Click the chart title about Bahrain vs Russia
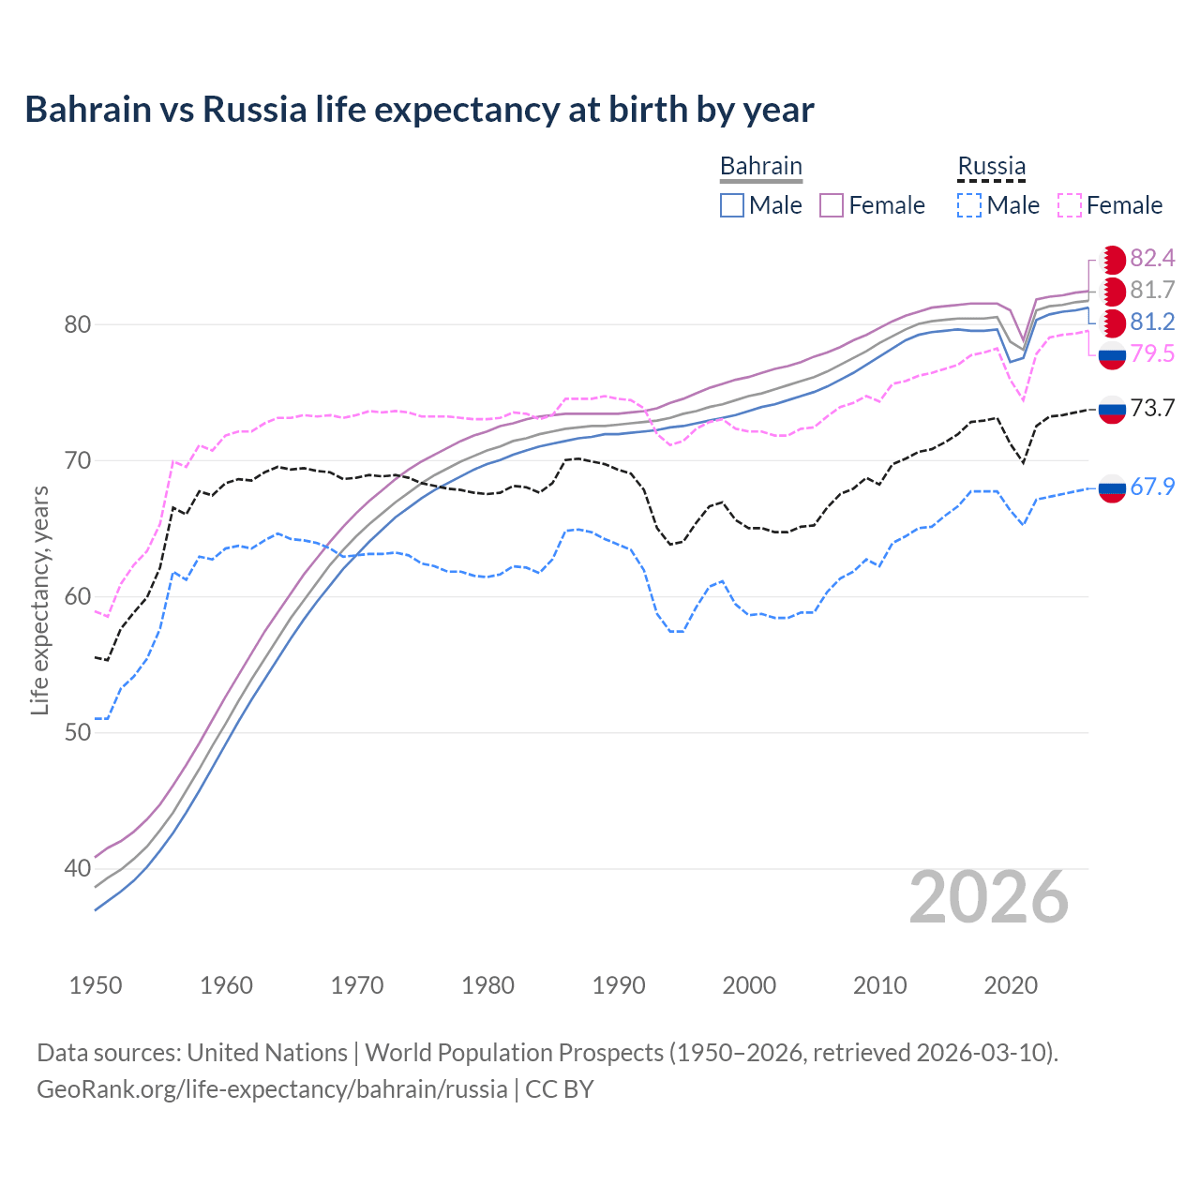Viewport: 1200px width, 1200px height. tap(419, 110)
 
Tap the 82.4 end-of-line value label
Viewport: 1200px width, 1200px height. tap(1152, 258)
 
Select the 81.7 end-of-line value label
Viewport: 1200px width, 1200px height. tap(1152, 290)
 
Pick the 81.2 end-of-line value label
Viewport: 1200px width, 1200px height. tap(1152, 322)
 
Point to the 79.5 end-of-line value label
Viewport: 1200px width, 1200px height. tap(1152, 353)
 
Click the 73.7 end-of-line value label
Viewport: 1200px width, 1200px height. tap(1152, 408)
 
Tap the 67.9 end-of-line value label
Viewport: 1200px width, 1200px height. tap(1152, 487)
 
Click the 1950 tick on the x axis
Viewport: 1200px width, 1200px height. tap(96, 985)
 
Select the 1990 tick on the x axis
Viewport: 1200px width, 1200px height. tap(619, 985)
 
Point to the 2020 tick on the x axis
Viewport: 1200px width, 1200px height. tap(1011, 985)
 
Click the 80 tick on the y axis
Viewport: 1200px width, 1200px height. tap(77, 324)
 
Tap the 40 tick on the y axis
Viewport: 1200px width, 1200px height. tap(77, 868)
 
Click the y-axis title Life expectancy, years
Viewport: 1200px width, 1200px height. tap(39, 600)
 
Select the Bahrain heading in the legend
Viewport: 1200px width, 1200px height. tap(760, 166)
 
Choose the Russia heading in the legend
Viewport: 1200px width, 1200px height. tap(991, 166)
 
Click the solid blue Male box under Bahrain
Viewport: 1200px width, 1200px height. tap(732, 205)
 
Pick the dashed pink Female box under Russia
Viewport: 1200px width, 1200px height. tap(1070, 205)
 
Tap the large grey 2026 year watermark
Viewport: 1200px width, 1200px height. tap(988, 897)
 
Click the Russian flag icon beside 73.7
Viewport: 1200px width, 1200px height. tap(1112, 409)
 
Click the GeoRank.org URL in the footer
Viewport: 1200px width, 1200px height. tap(272, 1088)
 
